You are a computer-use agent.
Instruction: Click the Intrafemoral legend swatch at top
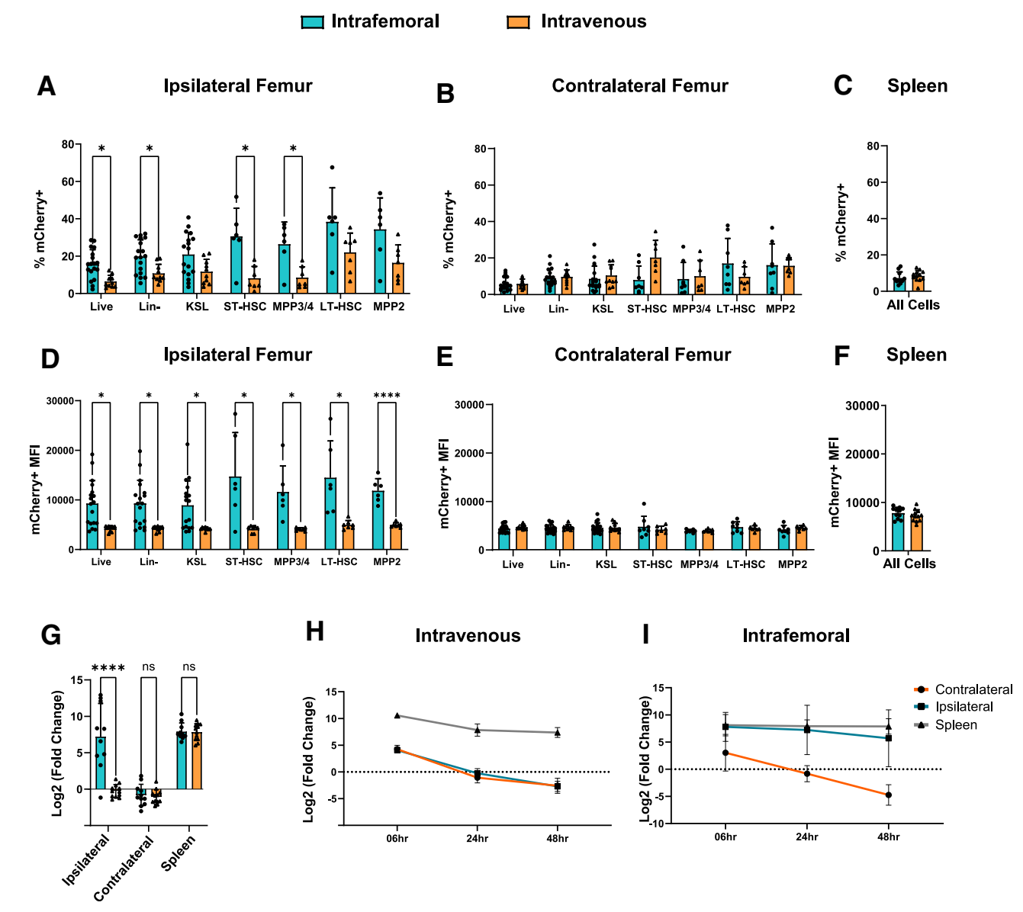[313, 22]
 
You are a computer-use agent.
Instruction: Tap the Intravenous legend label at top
[594, 21]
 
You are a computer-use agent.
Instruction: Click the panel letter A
[47, 86]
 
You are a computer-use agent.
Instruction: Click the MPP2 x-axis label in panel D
[387, 562]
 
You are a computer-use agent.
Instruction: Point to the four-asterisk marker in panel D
[387, 396]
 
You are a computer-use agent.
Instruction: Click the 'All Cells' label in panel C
[913, 305]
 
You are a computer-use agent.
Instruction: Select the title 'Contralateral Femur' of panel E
[642, 355]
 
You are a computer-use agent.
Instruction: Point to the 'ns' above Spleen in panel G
[188, 667]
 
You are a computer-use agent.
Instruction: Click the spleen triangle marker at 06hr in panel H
[397, 715]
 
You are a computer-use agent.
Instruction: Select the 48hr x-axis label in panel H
[558, 839]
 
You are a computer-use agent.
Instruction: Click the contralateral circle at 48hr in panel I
[889, 795]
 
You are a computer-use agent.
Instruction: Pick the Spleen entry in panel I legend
[956, 725]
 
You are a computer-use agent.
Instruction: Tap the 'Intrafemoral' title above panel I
[796, 636]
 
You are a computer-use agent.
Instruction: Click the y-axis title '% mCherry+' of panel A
[40, 230]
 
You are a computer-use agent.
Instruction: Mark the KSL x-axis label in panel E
[606, 564]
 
